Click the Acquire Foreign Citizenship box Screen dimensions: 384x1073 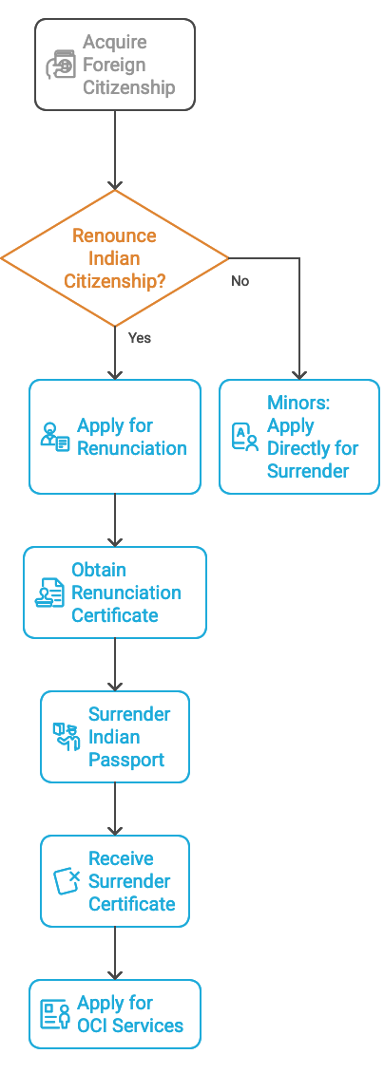click(115, 65)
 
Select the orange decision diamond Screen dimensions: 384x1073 click(115, 258)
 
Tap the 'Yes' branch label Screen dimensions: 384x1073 click(140, 337)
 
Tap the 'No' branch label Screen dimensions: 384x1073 click(240, 280)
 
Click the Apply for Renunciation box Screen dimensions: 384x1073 click(115, 437)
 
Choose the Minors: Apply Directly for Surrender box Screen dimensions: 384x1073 click(299, 437)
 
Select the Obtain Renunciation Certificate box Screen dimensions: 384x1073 click(115, 593)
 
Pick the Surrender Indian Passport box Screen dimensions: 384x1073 click(115, 737)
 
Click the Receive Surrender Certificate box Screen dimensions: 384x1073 click(115, 881)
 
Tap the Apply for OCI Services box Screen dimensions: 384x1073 click(115, 1014)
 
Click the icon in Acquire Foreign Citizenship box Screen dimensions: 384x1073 click(61, 65)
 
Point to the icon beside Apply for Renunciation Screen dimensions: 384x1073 click(55, 438)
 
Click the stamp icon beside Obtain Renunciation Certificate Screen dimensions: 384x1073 click(49, 593)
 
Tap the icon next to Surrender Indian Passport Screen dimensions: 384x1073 click(67, 737)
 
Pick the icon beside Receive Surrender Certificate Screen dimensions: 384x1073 click(67, 881)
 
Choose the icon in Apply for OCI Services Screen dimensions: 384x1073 click(55, 1014)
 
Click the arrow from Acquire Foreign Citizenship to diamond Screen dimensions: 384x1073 click(115, 151)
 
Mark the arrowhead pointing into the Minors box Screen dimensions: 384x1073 click(299, 375)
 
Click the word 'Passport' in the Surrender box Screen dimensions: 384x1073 click(126, 760)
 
